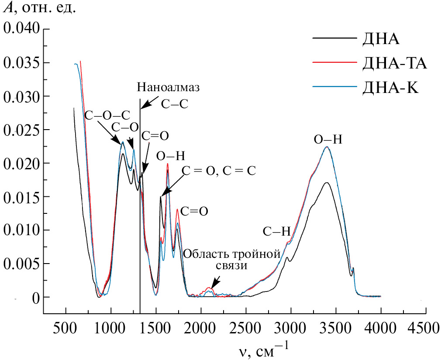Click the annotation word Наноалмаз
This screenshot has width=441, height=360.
(168, 87)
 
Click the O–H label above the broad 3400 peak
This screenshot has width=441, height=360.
(327, 140)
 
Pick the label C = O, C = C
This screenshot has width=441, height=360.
(219, 170)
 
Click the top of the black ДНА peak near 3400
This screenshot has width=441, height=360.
(327, 183)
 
